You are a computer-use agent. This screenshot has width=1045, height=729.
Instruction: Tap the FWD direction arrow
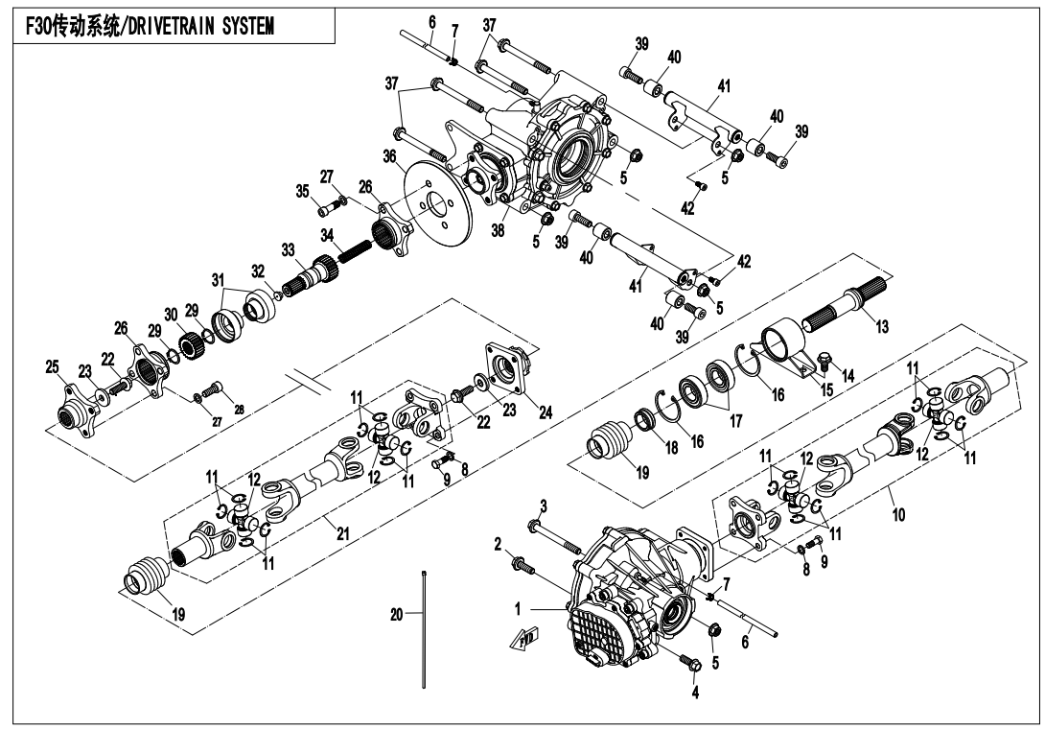point(525,638)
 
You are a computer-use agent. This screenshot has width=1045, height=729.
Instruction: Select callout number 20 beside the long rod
point(397,614)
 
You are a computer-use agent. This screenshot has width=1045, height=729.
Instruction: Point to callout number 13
point(882,327)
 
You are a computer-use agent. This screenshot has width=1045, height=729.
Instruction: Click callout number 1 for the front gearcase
point(517,609)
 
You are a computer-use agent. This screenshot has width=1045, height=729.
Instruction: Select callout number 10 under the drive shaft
point(898,514)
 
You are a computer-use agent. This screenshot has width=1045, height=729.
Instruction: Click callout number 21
point(342,533)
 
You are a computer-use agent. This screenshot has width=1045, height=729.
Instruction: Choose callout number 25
point(52,366)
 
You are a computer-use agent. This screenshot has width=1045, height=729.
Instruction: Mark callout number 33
point(288,250)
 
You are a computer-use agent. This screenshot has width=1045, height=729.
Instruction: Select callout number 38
point(498,230)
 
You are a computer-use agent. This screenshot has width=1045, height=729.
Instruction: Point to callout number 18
point(672,447)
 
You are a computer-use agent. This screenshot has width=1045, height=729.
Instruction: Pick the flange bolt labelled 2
point(522,566)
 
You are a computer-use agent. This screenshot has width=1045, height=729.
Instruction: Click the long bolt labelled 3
point(555,537)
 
